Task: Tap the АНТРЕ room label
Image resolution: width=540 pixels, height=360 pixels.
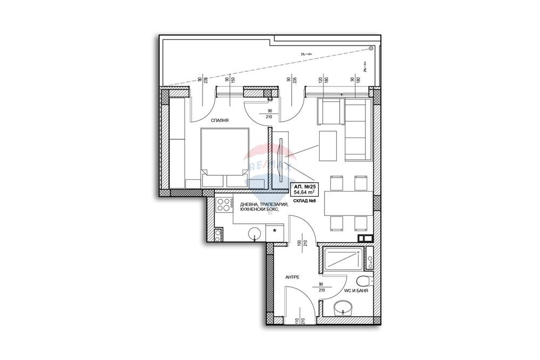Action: coord(292,277)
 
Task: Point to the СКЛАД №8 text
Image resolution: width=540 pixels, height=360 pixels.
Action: coord(306,201)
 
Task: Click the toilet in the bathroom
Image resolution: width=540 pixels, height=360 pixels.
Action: coord(364,281)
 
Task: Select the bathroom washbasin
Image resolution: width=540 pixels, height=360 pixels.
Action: coord(343,309)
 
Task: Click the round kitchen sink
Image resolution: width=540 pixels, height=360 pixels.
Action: coord(255,233)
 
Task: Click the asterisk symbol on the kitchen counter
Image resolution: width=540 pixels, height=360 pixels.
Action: coord(275,231)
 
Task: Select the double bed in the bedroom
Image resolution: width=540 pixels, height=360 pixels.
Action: coord(225,157)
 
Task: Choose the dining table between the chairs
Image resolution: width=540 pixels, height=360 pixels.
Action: coord(348,203)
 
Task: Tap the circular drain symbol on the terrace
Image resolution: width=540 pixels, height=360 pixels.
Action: coord(370,48)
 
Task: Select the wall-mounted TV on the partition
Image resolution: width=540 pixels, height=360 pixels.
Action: coord(281,160)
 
